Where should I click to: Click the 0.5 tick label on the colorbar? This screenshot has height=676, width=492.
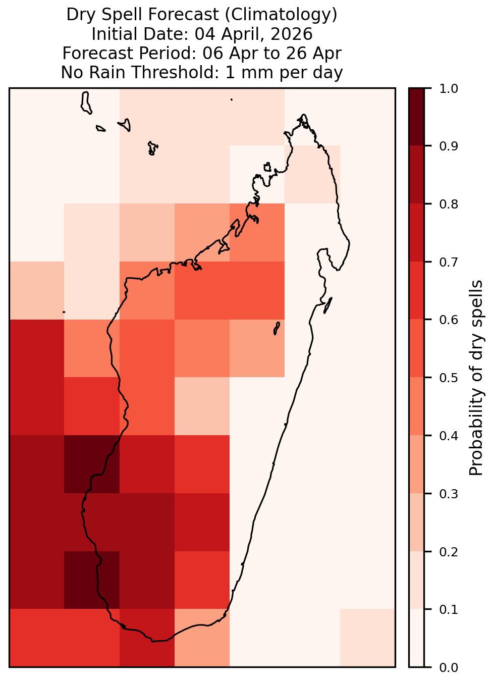448,378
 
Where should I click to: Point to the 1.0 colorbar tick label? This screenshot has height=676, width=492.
448,89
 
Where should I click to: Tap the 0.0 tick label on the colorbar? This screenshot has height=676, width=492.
448,667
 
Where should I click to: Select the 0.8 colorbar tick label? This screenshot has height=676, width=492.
448,204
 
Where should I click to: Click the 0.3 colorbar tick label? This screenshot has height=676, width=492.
448,494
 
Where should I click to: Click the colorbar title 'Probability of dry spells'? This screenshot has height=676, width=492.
476,378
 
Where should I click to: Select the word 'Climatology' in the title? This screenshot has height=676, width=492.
281,15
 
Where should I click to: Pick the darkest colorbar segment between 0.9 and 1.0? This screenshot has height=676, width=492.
416,117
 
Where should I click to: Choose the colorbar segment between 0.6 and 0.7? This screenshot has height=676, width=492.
416,290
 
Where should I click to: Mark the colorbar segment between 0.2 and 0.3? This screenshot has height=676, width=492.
416,522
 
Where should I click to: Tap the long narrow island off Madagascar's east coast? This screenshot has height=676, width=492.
327,305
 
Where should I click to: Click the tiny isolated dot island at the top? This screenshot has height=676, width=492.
232,99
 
